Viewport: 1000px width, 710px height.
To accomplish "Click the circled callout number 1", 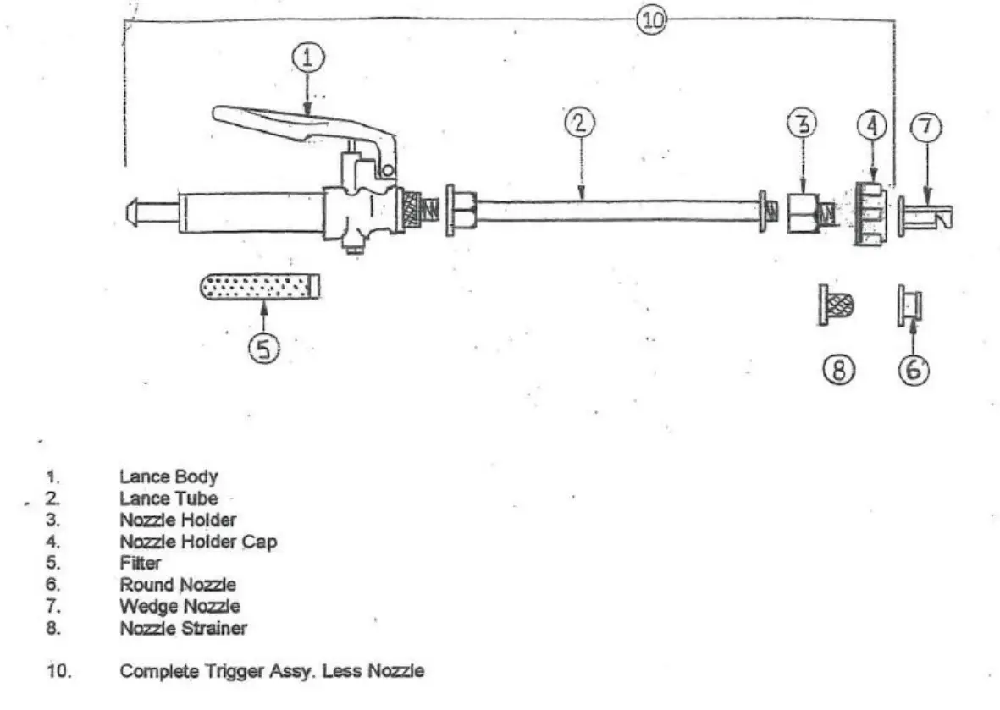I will [307, 58].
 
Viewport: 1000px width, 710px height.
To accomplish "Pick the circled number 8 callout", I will [839, 369].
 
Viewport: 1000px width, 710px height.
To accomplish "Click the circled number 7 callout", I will [925, 127].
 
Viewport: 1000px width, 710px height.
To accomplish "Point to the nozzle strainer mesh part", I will [837, 305].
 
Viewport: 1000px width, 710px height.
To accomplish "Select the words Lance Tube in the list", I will [169, 498].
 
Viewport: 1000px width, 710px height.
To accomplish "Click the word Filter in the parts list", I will [141, 563].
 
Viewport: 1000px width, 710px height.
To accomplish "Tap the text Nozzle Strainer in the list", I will [183, 628].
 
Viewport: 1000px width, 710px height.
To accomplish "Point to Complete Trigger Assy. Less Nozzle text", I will [272, 672].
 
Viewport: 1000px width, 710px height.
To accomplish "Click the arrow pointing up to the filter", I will [263, 321].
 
